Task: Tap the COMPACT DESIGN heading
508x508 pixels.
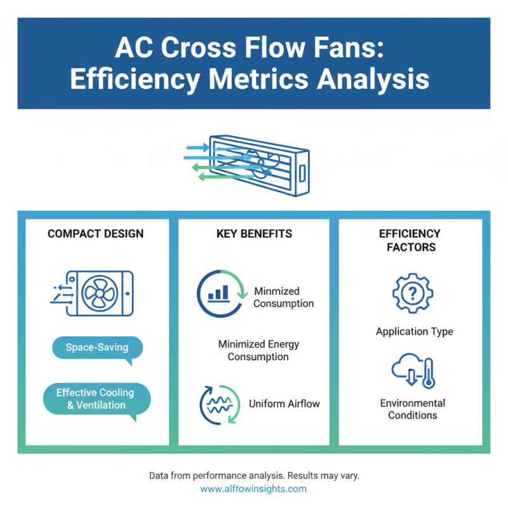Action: [95, 234]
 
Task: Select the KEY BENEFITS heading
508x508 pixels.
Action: [254, 234]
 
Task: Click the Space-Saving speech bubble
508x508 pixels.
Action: [97, 348]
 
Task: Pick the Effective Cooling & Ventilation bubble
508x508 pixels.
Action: [96, 399]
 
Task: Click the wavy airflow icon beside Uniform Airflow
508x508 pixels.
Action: [220, 403]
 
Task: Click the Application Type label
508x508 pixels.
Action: [414, 331]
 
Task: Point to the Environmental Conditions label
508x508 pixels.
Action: [413, 409]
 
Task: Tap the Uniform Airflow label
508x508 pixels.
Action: [284, 403]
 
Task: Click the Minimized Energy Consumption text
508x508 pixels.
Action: [258, 350]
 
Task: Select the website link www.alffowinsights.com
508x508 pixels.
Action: [253, 489]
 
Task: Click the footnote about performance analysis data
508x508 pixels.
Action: [254, 475]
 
